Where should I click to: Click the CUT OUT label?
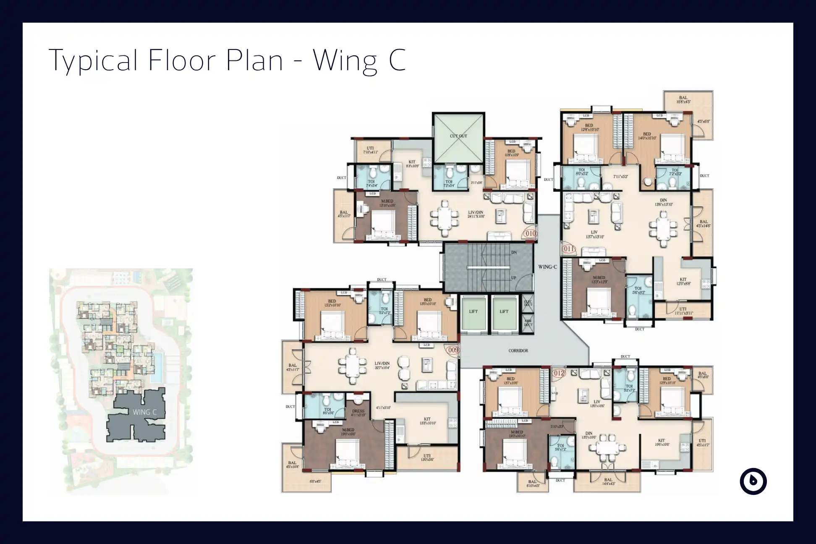coord(458,136)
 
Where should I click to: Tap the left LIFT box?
coord(473,311)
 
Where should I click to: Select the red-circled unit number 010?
coord(531,233)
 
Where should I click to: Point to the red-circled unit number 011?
coord(568,249)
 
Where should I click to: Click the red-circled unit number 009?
coord(453,350)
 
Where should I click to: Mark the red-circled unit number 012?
coord(559,373)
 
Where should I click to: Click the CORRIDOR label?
coord(518,350)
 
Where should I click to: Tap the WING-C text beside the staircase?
coord(547,267)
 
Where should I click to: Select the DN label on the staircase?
coord(514,253)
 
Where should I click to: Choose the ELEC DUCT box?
coord(528,303)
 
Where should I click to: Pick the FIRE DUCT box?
coord(528,323)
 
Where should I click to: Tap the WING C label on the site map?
coord(144,412)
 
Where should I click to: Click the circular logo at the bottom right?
coord(753,481)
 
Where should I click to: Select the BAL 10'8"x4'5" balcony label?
coord(683,100)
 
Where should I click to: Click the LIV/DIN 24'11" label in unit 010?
coord(476,214)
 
